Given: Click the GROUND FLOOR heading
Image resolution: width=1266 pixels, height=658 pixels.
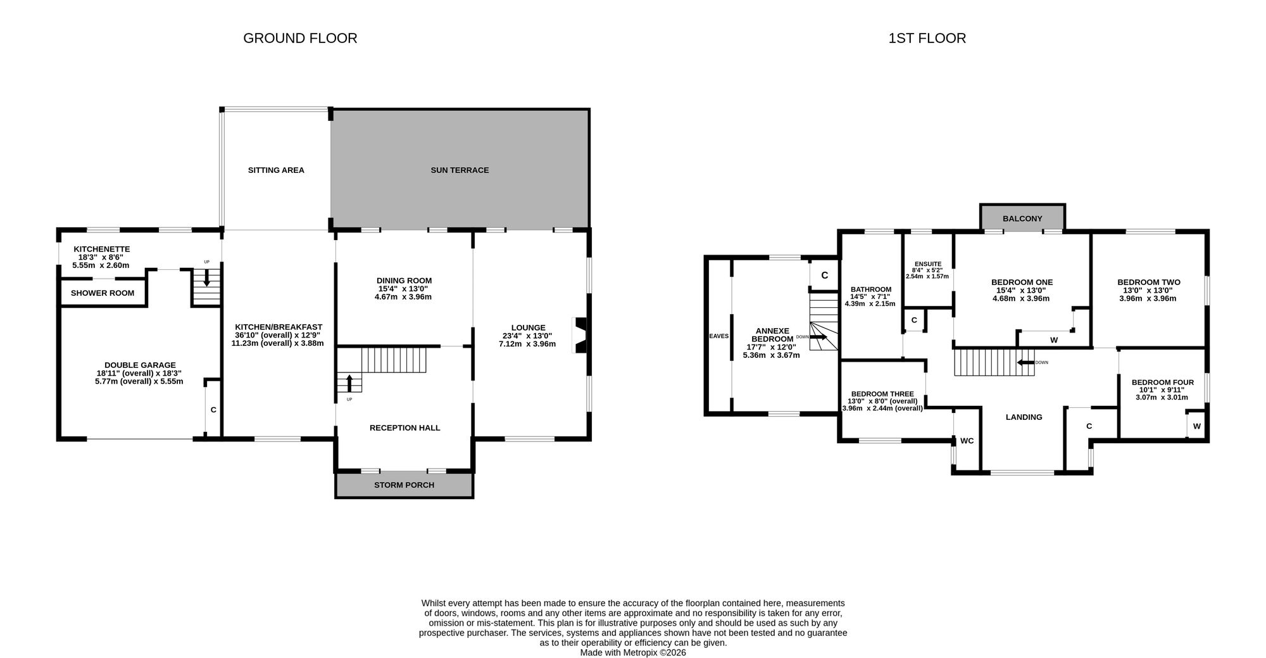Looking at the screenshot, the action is click(x=300, y=38).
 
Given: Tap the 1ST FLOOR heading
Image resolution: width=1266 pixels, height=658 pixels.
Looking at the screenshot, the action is click(x=927, y=38).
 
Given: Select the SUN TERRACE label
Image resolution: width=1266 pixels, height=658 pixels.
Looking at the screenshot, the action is click(x=460, y=170).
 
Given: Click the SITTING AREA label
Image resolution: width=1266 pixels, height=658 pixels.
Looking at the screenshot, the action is click(x=276, y=170).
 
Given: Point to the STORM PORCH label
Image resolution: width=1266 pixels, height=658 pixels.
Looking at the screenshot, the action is click(x=404, y=485).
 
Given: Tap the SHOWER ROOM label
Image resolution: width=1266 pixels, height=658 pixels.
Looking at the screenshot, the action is click(x=103, y=293).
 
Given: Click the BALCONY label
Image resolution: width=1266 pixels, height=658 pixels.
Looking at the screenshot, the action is click(x=1022, y=218).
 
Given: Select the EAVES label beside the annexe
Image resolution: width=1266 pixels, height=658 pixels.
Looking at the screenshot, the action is click(x=719, y=336).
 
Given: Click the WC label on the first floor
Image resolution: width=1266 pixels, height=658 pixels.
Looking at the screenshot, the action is click(x=967, y=441).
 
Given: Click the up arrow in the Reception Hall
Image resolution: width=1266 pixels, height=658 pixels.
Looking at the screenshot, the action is click(x=349, y=383).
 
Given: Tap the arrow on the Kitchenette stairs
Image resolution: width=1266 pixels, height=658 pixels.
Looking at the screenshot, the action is click(x=206, y=278).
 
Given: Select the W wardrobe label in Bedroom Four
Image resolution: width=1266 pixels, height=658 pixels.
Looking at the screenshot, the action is click(x=1196, y=426).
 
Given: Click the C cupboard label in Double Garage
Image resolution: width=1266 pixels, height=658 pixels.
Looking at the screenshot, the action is click(x=213, y=410).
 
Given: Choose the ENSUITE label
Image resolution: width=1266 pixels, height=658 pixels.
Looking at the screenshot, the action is click(x=928, y=264).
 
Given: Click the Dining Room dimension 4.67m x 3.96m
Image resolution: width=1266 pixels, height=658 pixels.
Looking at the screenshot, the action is click(x=403, y=297).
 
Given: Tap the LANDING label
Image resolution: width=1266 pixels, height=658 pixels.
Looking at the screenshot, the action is click(x=1024, y=417).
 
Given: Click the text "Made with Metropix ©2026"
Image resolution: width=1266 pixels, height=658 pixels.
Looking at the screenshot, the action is click(x=633, y=652).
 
